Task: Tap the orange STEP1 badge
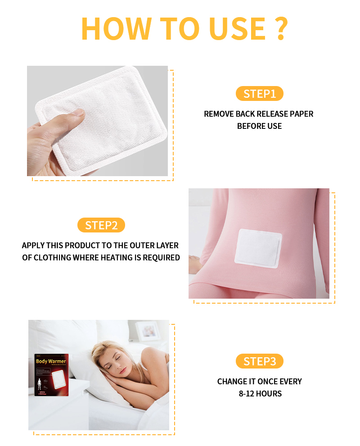(x=259, y=94)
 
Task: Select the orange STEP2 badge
(x=101, y=225)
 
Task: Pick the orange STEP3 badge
(x=259, y=361)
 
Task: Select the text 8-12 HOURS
(x=260, y=394)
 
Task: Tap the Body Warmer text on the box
(x=51, y=361)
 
